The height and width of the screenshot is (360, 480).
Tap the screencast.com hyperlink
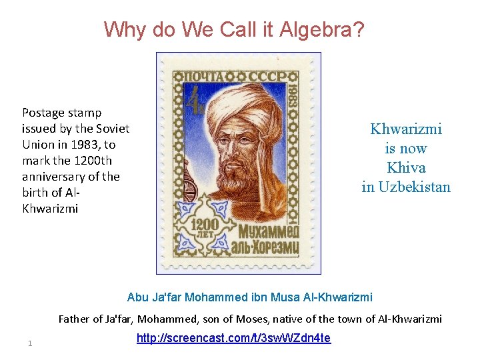pos(233,338)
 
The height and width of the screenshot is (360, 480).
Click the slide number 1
pos(30,343)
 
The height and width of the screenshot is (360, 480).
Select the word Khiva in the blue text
pos(406,167)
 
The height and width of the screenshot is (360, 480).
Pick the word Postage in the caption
pos(43,113)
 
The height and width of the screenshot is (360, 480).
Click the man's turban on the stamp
pos(247,107)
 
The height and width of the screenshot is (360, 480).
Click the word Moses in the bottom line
pos(266,319)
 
